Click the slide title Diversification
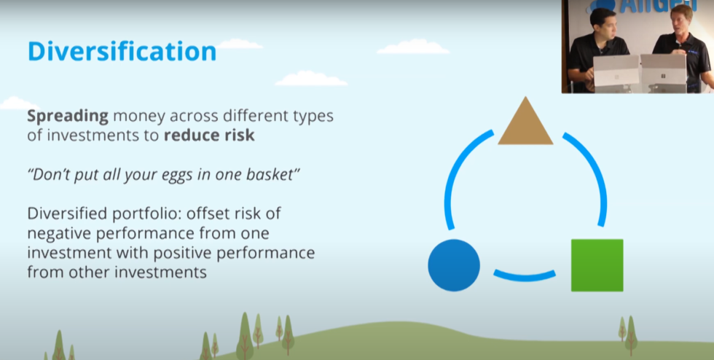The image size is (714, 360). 122,52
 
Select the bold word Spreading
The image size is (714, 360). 68,117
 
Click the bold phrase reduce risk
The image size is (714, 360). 209,136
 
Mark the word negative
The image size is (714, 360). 56,234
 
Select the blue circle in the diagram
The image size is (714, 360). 454,265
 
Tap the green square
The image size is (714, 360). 597,265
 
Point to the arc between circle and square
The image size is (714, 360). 525,276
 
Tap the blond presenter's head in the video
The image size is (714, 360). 681,19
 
